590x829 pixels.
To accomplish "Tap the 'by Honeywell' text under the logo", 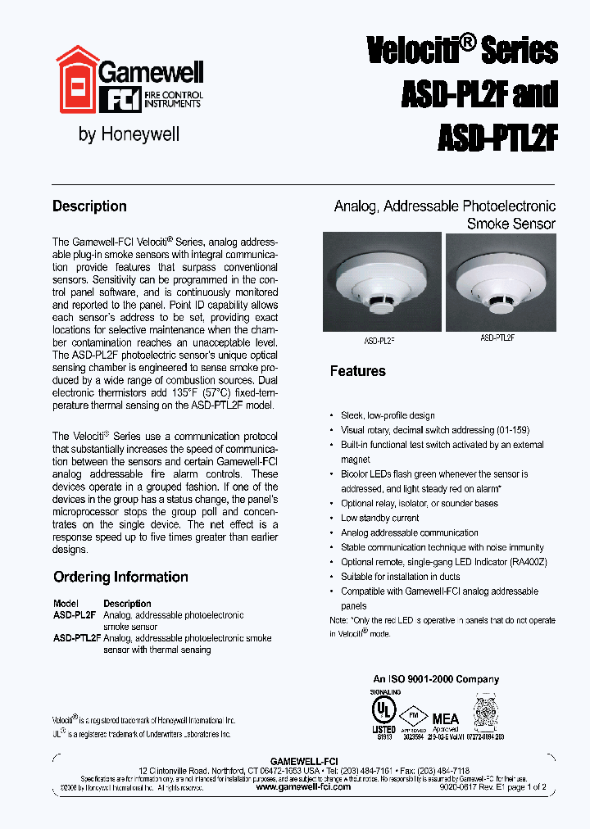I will (x=129, y=134).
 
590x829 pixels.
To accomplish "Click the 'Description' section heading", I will (x=89, y=206).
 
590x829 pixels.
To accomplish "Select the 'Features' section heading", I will (x=357, y=371).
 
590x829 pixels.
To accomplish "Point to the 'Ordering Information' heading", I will (x=120, y=577).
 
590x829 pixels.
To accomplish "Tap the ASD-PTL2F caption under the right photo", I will (x=497, y=337).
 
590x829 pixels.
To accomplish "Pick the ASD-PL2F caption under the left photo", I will (x=379, y=339).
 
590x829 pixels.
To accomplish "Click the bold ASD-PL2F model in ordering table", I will (x=75, y=614).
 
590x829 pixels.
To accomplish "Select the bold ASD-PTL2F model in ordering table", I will (x=77, y=637).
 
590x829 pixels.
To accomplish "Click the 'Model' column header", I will (x=66, y=603).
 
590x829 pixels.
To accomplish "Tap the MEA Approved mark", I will (x=446, y=721).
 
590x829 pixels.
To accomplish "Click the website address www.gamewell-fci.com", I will (x=303, y=786).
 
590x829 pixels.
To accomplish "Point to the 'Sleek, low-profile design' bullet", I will (x=388, y=415).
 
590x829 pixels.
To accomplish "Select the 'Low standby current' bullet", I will (x=379, y=518).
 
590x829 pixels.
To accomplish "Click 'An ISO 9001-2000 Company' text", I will (x=436, y=679).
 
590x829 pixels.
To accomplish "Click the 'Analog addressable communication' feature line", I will (x=409, y=532).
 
